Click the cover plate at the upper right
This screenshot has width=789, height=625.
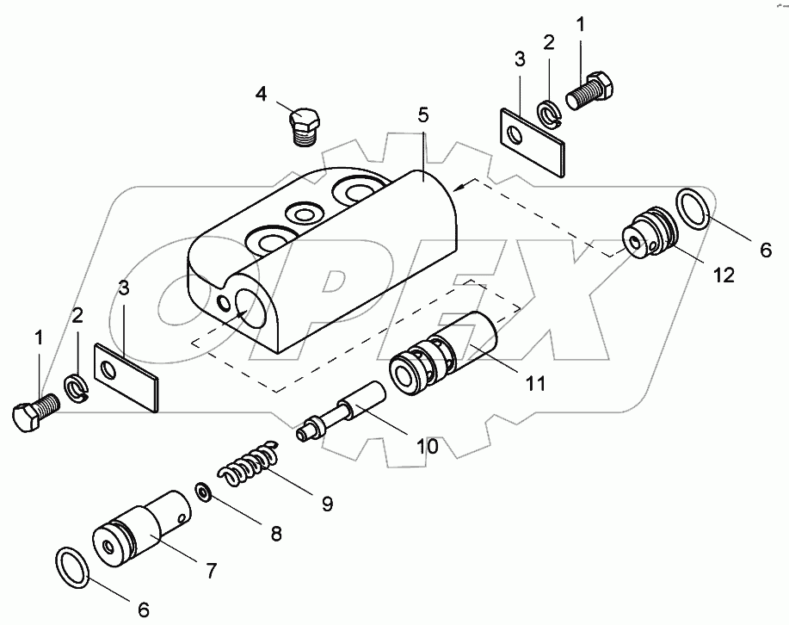(533, 139)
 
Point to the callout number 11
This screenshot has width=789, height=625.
(535, 383)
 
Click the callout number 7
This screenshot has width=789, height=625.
(212, 570)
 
